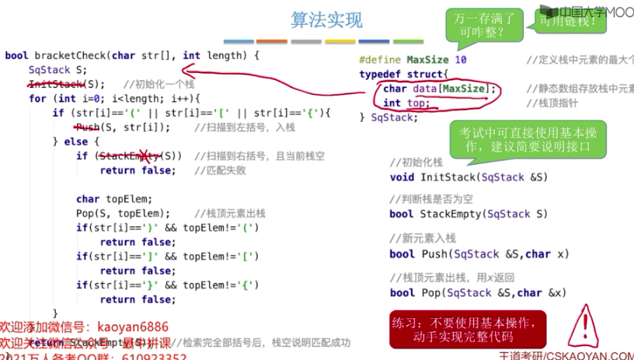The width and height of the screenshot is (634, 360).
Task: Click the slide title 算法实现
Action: [315, 19]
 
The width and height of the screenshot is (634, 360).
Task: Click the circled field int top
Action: [406, 103]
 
